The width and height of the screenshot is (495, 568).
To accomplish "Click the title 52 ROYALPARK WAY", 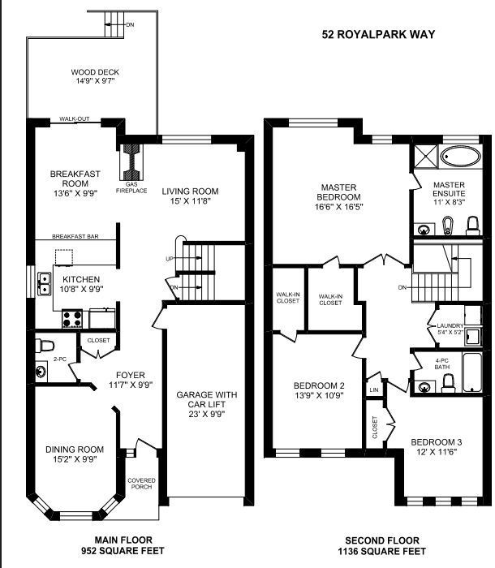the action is pyautogui.click(x=378, y=34).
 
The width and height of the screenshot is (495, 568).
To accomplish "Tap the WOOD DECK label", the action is pyautogui.click(x=95, y=72).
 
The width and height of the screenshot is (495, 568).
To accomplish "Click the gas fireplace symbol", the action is pyautogui.click(x=131, y=162).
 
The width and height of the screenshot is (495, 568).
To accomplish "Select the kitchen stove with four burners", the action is pyautogui.click(x=72, y=319).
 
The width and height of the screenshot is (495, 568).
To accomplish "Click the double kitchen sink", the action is pyautogui.click(x=44, y=284).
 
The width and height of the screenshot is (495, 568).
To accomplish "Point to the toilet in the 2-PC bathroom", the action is pyautogui.click(x=44, y=346).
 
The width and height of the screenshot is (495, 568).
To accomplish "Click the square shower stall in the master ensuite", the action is pyautogui.click(x=426, y=156).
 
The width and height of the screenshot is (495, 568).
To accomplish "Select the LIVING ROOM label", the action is pyautogui.click(x=190, y=191).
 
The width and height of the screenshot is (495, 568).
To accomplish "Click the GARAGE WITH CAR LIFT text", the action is pyautogui.click(x=207, y=399).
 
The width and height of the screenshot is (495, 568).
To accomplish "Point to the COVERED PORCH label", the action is pyautogui.click(x=141, y=484).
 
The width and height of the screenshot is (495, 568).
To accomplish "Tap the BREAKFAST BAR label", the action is pyautogui.click(x=75, y=237).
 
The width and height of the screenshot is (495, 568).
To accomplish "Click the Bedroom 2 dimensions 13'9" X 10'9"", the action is pyautogui.click(x=319, y=395).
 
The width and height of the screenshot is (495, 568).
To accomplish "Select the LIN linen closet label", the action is pyautogui.click(x=374, y=389).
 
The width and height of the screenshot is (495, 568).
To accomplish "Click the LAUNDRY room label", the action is pyautogui.click(x=450, y=325).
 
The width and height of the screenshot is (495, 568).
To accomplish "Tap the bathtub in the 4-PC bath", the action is pyautogui.click(x=472, y=372).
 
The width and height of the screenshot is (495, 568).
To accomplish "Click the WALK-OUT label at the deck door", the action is pyautogui.click(x=75, y=118).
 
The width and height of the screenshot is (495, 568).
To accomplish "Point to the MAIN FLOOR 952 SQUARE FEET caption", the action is pyautogui.click(x=123, y=545).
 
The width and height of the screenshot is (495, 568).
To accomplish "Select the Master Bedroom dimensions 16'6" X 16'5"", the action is pyautogui.click(x=339, y=207).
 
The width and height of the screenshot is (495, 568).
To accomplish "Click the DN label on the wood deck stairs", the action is pyautogui.click(x=131, y=24).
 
